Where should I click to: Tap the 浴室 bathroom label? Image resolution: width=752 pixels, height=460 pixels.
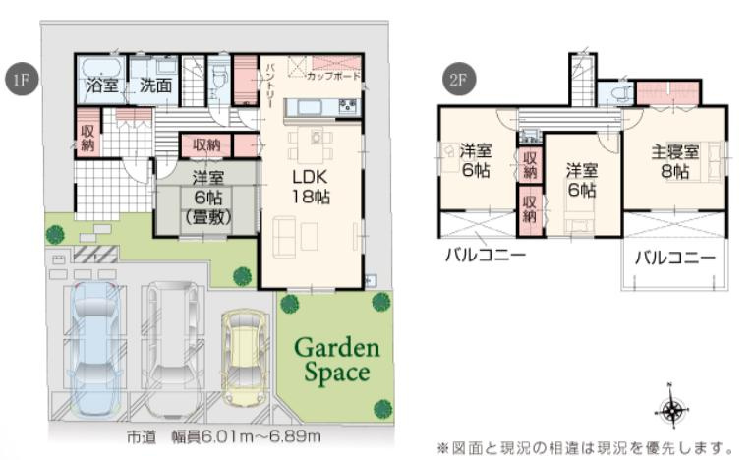[102, 86]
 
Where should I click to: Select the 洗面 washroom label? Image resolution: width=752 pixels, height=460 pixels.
[155, 86]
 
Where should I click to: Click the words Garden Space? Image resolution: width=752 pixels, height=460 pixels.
[336, 360]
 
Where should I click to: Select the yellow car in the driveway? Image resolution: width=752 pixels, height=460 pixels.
[245, 358]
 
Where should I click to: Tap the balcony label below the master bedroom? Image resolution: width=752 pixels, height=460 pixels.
[673, 259]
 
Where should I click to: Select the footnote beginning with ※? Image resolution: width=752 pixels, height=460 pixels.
[585, 447]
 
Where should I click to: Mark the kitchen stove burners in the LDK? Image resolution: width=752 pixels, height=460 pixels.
[347, 105]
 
